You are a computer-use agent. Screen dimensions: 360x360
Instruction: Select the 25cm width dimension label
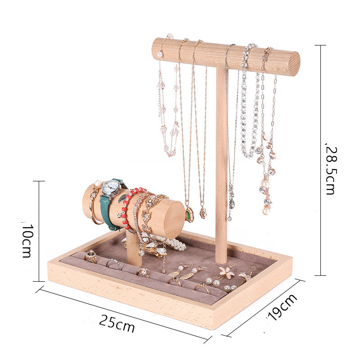117,323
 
